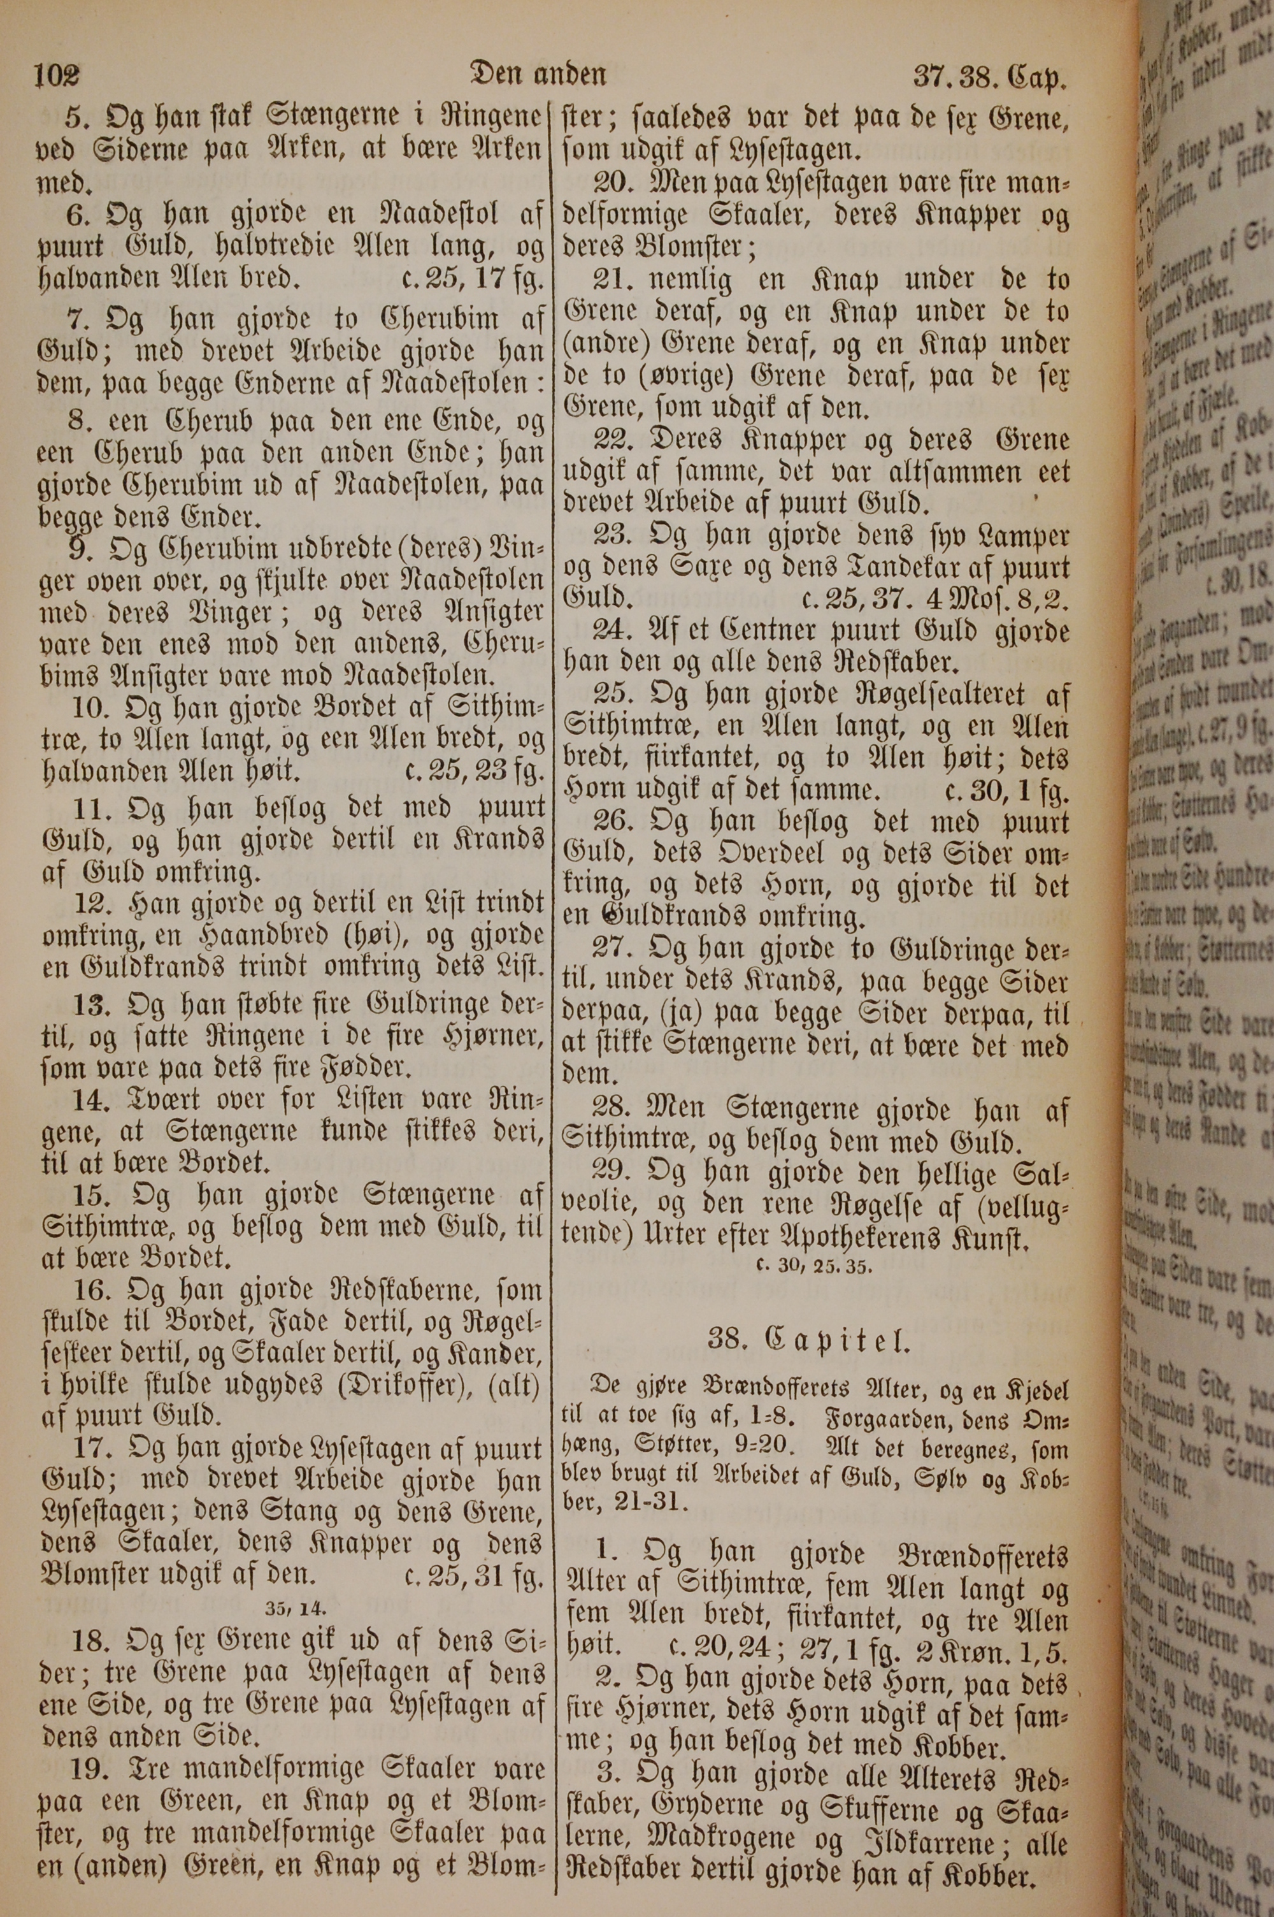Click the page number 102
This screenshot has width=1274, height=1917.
point(57,76)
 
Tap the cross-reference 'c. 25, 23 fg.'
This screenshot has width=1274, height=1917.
point(472,770)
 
